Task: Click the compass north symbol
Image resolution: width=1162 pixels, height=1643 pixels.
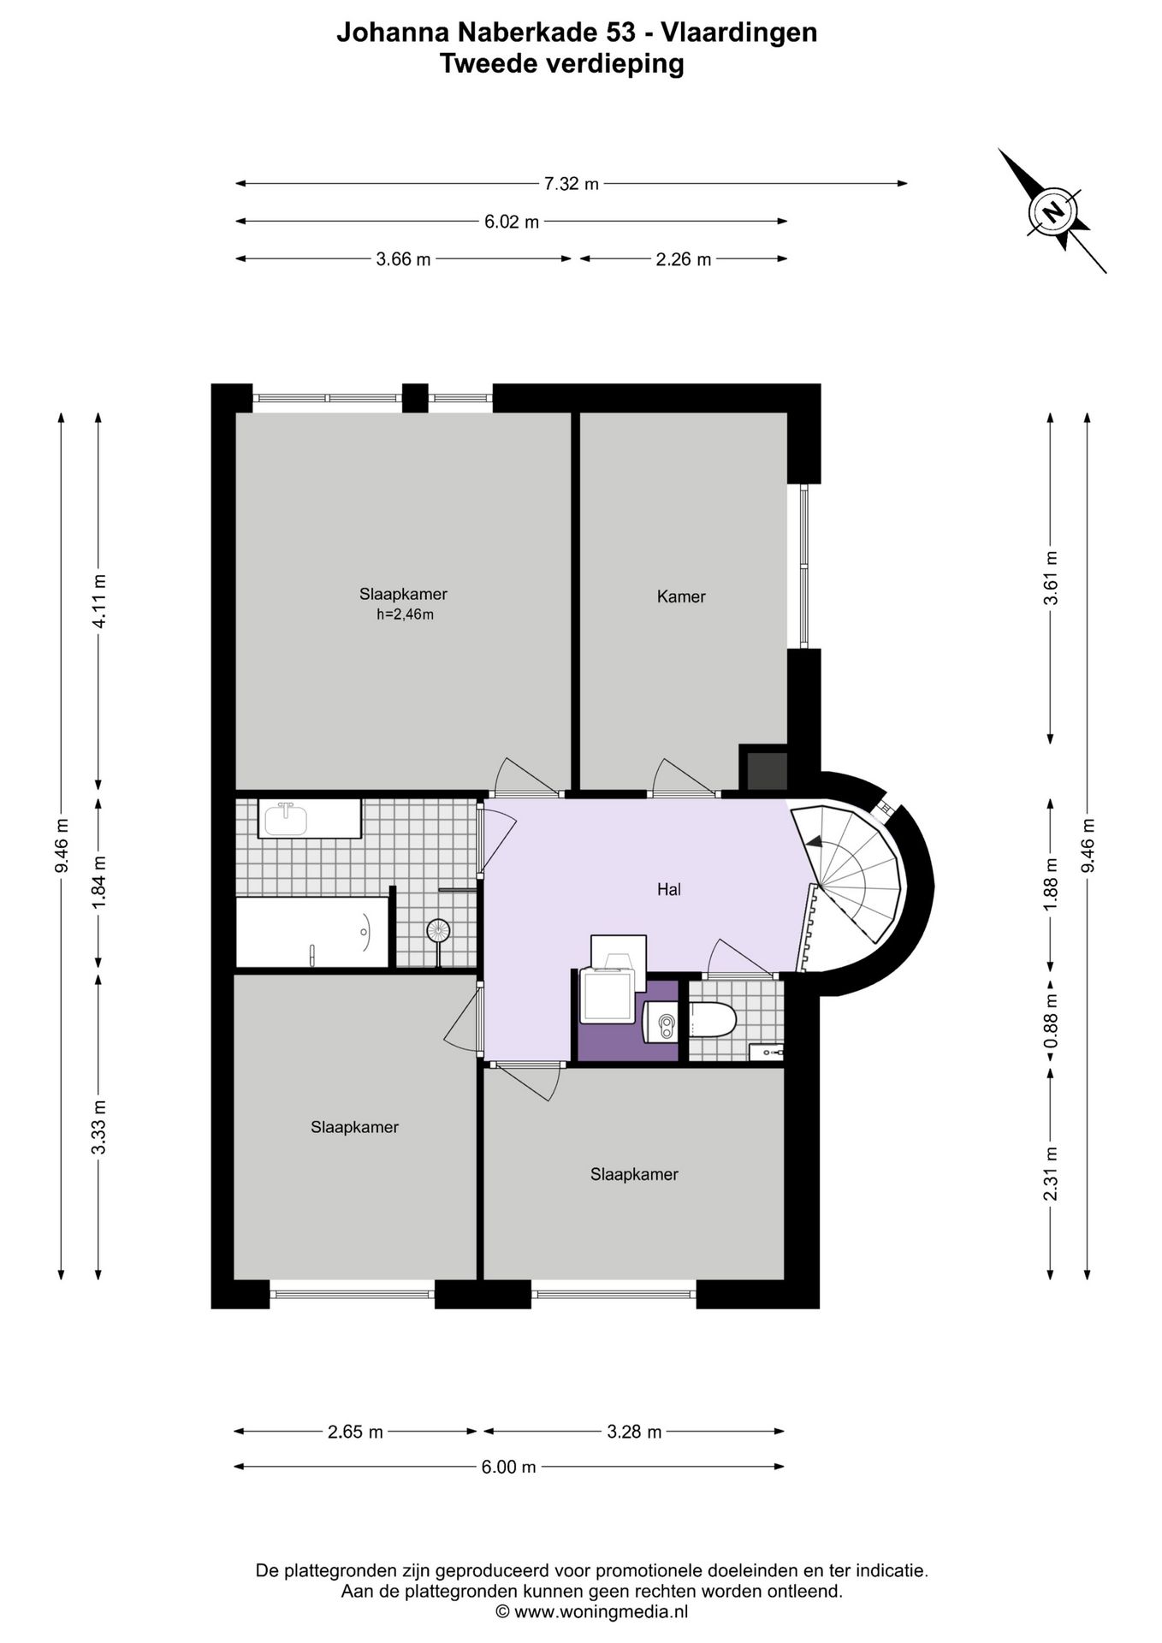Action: coord(1053,211)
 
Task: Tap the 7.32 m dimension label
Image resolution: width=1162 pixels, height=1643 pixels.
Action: coord(572,183)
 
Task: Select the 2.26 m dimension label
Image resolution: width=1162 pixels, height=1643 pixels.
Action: coord(684,259)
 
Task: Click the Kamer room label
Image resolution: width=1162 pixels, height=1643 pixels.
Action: coord(681,596)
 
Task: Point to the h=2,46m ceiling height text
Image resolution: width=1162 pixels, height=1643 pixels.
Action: coord(405,614)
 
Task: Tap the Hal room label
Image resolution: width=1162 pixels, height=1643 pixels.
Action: coord(669,890)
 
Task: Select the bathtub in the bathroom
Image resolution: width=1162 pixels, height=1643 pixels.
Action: coord(312,932)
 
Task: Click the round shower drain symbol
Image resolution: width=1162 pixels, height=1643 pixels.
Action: coord(438,930)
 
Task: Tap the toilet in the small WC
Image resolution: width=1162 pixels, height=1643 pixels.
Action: coord(712,1020)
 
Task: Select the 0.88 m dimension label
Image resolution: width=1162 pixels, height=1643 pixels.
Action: coord(1052,1020)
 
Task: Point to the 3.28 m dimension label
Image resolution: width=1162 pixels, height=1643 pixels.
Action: coord(634,1432)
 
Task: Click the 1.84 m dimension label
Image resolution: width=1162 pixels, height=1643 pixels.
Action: coord(99,882)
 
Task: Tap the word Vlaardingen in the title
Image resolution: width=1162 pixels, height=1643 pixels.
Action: coord(742,33)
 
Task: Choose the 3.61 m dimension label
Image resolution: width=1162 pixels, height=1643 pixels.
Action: coord(1052,578)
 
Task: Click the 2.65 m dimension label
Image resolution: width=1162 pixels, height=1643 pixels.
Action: coord(355,1432)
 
